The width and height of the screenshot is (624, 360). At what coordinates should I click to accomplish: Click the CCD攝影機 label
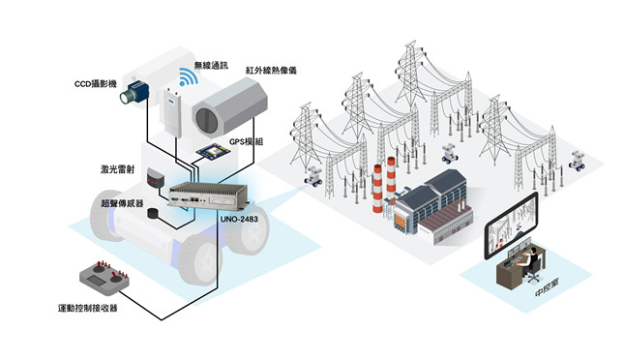coord(96,83)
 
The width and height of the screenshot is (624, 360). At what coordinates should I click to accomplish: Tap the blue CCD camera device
coord(134,92)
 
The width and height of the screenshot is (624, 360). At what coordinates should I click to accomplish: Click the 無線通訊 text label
coord(211,65)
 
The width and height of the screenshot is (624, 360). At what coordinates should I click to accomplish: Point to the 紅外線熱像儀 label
coord(271,71)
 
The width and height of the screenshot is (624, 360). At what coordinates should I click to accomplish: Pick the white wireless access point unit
coord(170,111)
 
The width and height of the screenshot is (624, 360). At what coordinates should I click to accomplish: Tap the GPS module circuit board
coord(213,151)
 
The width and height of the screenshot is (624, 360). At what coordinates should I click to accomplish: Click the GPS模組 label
coord(246,141)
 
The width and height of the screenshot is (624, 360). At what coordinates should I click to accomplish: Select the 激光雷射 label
coord(117,169)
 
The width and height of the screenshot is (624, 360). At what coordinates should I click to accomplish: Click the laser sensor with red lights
coord(155,178)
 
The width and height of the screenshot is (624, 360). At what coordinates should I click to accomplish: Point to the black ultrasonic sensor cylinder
coord(153,213)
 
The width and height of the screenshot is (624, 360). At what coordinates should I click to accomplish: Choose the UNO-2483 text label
coord(239,219)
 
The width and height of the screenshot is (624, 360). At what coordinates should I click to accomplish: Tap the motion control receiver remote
coord(104,277)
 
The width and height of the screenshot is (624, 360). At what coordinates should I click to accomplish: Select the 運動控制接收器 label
coord(87,308)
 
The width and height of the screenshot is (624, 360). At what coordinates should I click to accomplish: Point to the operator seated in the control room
coord(530,261)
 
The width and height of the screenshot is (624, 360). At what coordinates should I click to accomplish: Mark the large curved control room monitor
coord(511,225)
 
